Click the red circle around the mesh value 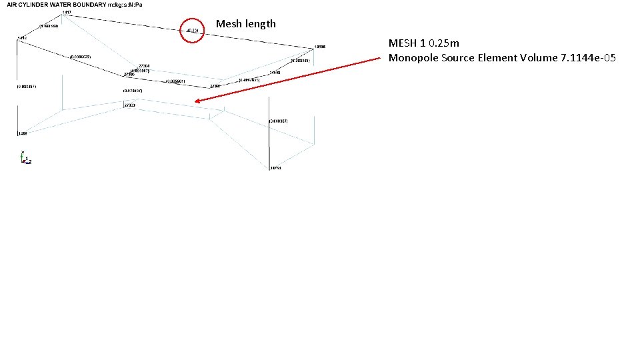pyautogui.click(x=192, y=31)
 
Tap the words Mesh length pyautogui.click(x=245, y=24)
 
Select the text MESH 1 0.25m pyautogui.click(x=423, y=43)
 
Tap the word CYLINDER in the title pyautogui.click(x=43, y=5)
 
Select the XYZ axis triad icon pyautogui.click(x=25, y=158)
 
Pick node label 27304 pyautogui.click(x=143, y=65)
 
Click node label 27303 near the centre pyautogui.click(x=129, y=105)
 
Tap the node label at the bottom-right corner pyautogui.click(x=275, y=169)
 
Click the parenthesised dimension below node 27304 pyautogui.click(x=139, y=70)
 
